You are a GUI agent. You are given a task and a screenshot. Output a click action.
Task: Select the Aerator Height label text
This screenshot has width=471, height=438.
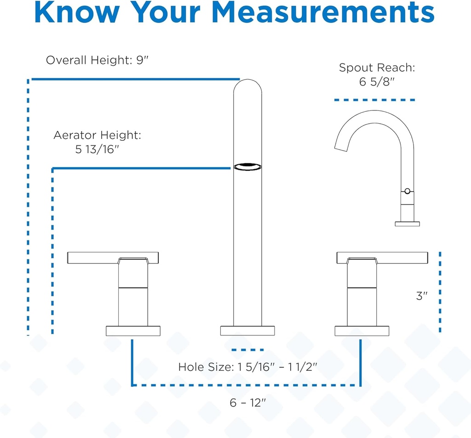(x=97, y=135)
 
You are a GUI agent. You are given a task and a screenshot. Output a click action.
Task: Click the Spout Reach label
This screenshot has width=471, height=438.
(x=377, y=68)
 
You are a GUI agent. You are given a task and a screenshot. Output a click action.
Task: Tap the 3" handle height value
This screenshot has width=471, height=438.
(x=422, y=296)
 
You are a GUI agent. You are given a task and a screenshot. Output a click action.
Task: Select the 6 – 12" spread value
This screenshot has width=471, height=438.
(x=248, y=403)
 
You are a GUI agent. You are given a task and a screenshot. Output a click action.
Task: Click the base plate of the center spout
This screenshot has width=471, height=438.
(x=247, y=331)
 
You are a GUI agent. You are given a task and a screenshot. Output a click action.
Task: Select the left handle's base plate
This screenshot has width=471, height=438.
(x=133, y=331)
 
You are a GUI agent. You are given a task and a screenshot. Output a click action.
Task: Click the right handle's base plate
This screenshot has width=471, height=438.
(x=362, y=331)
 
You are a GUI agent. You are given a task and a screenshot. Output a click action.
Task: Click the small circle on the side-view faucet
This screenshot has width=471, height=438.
(x=407, y=191)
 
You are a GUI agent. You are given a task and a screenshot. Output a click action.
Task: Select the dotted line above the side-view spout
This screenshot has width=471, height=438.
(x=374, y=100)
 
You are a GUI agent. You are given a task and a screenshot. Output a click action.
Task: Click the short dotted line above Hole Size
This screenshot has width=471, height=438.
(x=247, y=350)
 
